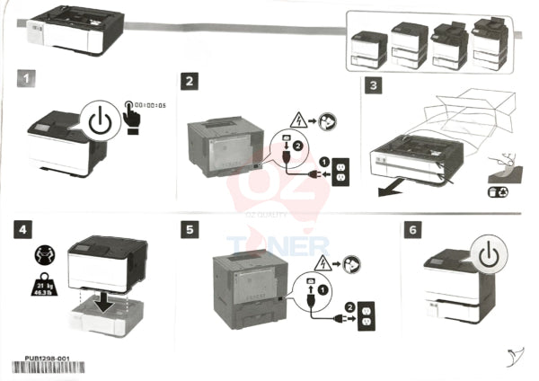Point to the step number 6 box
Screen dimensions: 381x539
coord(412,231)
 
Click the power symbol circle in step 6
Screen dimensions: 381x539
coord(487,256)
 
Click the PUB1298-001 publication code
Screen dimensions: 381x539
coord(49,357)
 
